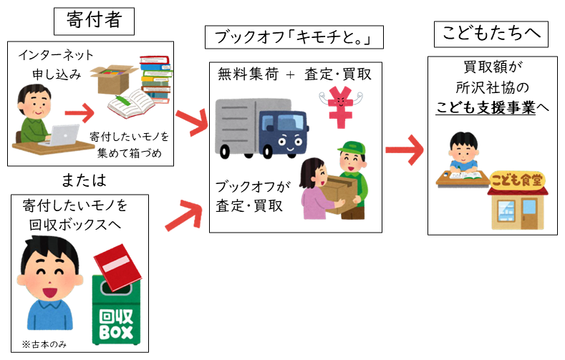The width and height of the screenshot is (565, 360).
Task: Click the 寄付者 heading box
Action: (95, 21)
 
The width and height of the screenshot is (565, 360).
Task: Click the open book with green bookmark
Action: (133, 107)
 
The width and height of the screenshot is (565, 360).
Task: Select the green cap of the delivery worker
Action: (350, 149)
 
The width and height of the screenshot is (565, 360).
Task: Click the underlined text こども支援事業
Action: (487, 108)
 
